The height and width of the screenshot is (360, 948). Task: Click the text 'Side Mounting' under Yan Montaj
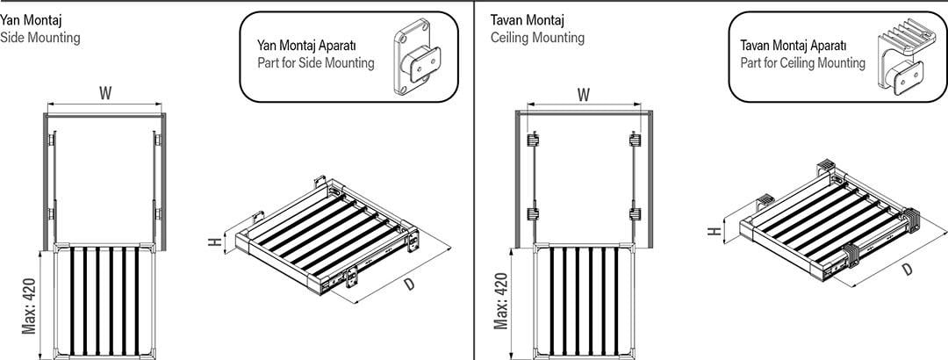point(39,38)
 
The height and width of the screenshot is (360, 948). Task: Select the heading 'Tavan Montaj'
point(528,20)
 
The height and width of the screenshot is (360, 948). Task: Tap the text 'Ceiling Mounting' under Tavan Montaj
point(537,38)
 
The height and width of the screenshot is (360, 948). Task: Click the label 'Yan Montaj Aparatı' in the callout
point(307,46)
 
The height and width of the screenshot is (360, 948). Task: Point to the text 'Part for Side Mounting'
point(316,63)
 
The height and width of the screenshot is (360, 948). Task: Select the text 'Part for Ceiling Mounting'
point(803,63)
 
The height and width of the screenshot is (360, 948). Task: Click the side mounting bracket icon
point(417,57)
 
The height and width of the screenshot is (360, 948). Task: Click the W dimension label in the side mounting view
point(106,94)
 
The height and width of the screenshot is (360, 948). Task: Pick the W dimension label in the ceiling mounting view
point(584,95)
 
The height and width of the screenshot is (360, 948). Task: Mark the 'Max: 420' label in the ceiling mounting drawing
point(500,300)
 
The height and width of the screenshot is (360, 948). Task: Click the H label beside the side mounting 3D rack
point(213,242)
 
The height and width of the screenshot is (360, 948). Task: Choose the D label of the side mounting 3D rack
point(409,283)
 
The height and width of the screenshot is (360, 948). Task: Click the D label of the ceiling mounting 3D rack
point(907,270)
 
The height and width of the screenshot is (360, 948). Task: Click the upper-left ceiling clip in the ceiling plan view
point(533,140)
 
